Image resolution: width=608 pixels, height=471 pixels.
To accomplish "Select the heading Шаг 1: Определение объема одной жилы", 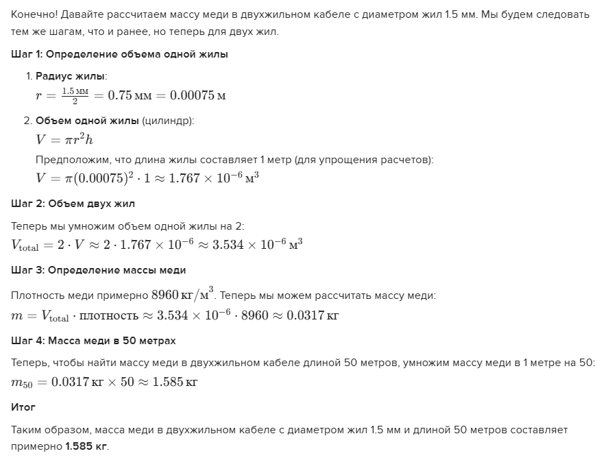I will click(120, 54).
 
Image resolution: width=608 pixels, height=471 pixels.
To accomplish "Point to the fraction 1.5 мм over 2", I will click(75, 95).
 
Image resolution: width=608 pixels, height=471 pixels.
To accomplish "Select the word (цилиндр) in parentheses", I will click(168, 121).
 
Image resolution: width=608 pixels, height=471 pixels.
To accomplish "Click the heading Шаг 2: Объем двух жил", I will click(73, 204).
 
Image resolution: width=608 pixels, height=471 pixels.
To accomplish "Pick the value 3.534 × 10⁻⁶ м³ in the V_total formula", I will click(258, 245).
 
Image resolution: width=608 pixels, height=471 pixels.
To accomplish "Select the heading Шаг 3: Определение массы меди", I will click(99, 270).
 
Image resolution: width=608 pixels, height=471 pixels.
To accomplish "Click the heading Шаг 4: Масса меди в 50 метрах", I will click(94, 341).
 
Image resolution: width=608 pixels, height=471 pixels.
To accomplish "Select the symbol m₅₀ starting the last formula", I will click(22, 383).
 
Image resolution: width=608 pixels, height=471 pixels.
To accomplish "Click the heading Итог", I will click(23, 407).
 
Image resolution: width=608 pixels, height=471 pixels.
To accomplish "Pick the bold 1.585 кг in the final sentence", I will click(86, 446).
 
